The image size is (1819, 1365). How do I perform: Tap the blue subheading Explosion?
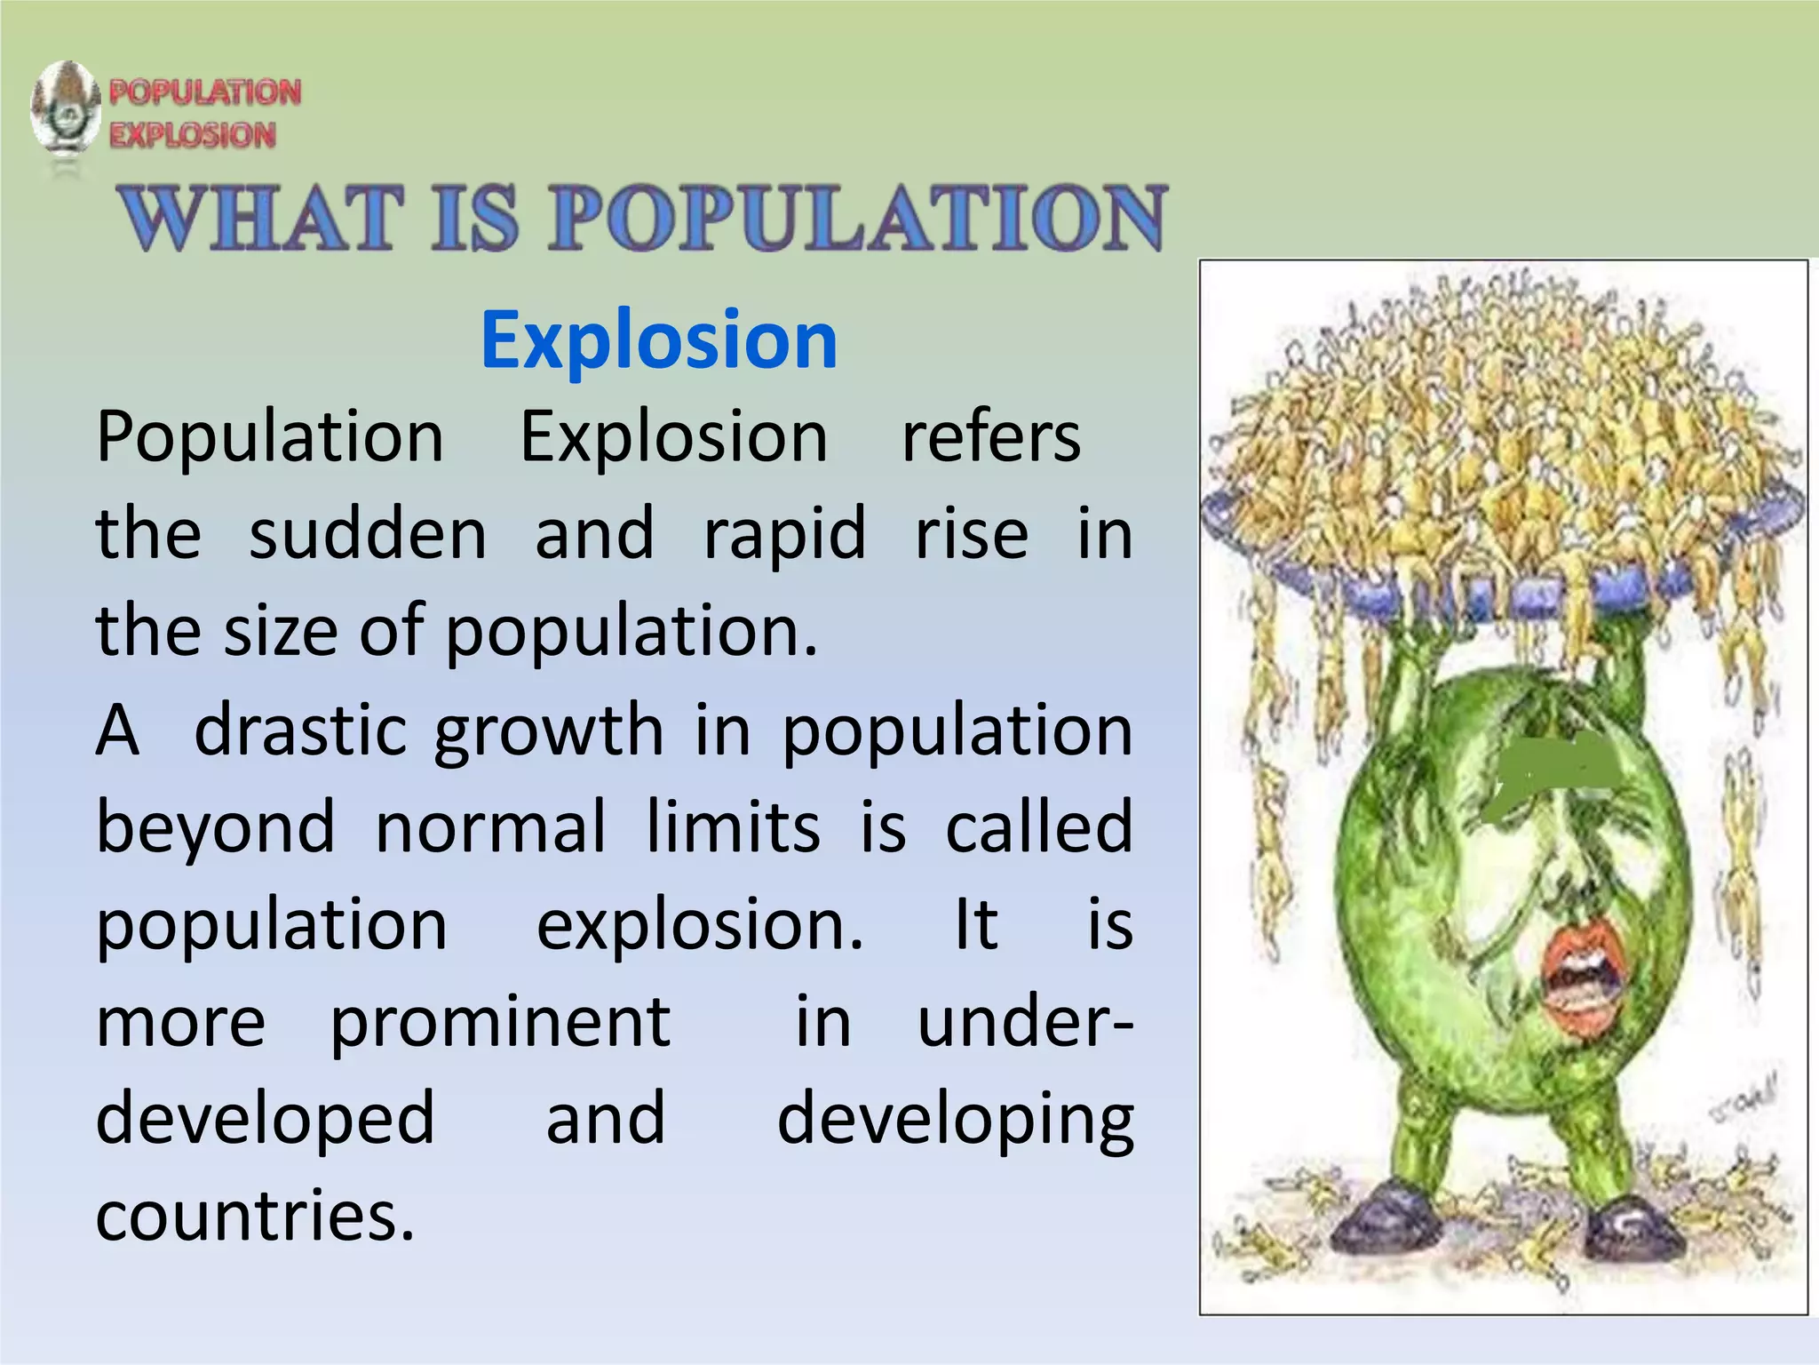[x=659, y=339]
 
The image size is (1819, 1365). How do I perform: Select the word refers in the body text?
[x=991, y=437]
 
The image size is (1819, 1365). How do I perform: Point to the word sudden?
[x=367, y=534]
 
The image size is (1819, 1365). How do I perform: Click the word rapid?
[x=784, y=534]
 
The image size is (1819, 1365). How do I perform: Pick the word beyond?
[x=216, y=827]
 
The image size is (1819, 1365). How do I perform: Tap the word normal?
[x=491, y=827]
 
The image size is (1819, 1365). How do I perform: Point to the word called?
[x=1039, y=827]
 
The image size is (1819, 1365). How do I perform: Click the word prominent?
[x=500, y=1022]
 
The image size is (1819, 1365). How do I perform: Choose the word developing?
[x=956, y=1120]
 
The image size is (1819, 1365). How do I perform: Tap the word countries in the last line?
[x=255, y=1216]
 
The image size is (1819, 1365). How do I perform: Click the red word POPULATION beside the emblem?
[x=205, y=92]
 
